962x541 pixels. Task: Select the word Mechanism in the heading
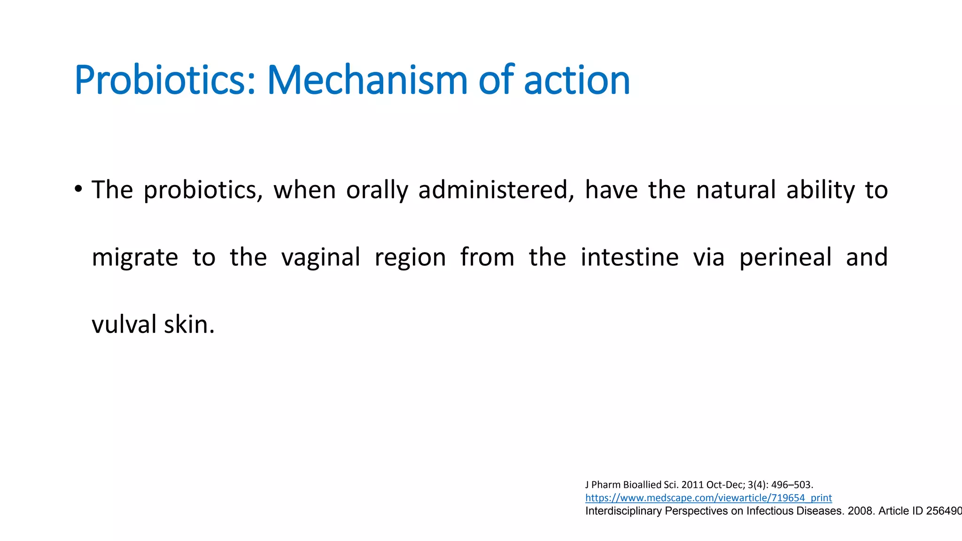coord(367,80)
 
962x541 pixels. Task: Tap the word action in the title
coord(576,80)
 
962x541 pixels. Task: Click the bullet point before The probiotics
coord(78,190)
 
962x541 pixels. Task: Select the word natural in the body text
coord(736,190)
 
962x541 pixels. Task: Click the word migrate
coord(135,257)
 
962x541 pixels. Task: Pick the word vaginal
coord(321,257)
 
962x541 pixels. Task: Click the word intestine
coord(629,257)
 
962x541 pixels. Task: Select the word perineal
coord(785,257)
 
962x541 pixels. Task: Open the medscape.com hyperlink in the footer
coord(708,498)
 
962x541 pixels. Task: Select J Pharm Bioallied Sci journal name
coord(632,485)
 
